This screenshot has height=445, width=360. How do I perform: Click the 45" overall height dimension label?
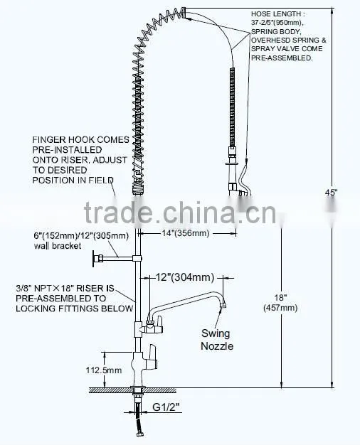pyautogui.click(x=331, y=193)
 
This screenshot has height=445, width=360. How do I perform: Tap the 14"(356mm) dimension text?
pyautogui.click(x=186, y=233)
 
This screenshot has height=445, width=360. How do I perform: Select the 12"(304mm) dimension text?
pyautogui.click(x=185, y=277)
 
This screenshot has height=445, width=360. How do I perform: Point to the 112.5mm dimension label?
pyautogui.click(x=104, y=370)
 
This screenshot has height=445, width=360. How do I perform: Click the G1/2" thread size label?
pyautogui.click(x=166, y=407)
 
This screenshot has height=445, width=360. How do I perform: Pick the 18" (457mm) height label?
pyautogui.click(x=280, y=303)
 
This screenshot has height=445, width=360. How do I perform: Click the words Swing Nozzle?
pyautogui.click(x=216, y=339)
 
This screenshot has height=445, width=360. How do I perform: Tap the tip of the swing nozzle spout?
pyautogui.click(x=224, y=304)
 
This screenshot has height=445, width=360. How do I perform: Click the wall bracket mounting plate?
pyautogui.click(x=93, y=259)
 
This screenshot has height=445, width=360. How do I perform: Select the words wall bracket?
pyautogui.click(x=58, y=246)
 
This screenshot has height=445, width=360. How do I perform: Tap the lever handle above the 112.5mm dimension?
pyautogui.click(x=151, y=356)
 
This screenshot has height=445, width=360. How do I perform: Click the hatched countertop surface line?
pyautogui.click(x=133, y=390)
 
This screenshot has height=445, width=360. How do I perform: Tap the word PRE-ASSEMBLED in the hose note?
pyautogui.click(x=282, y=58)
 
